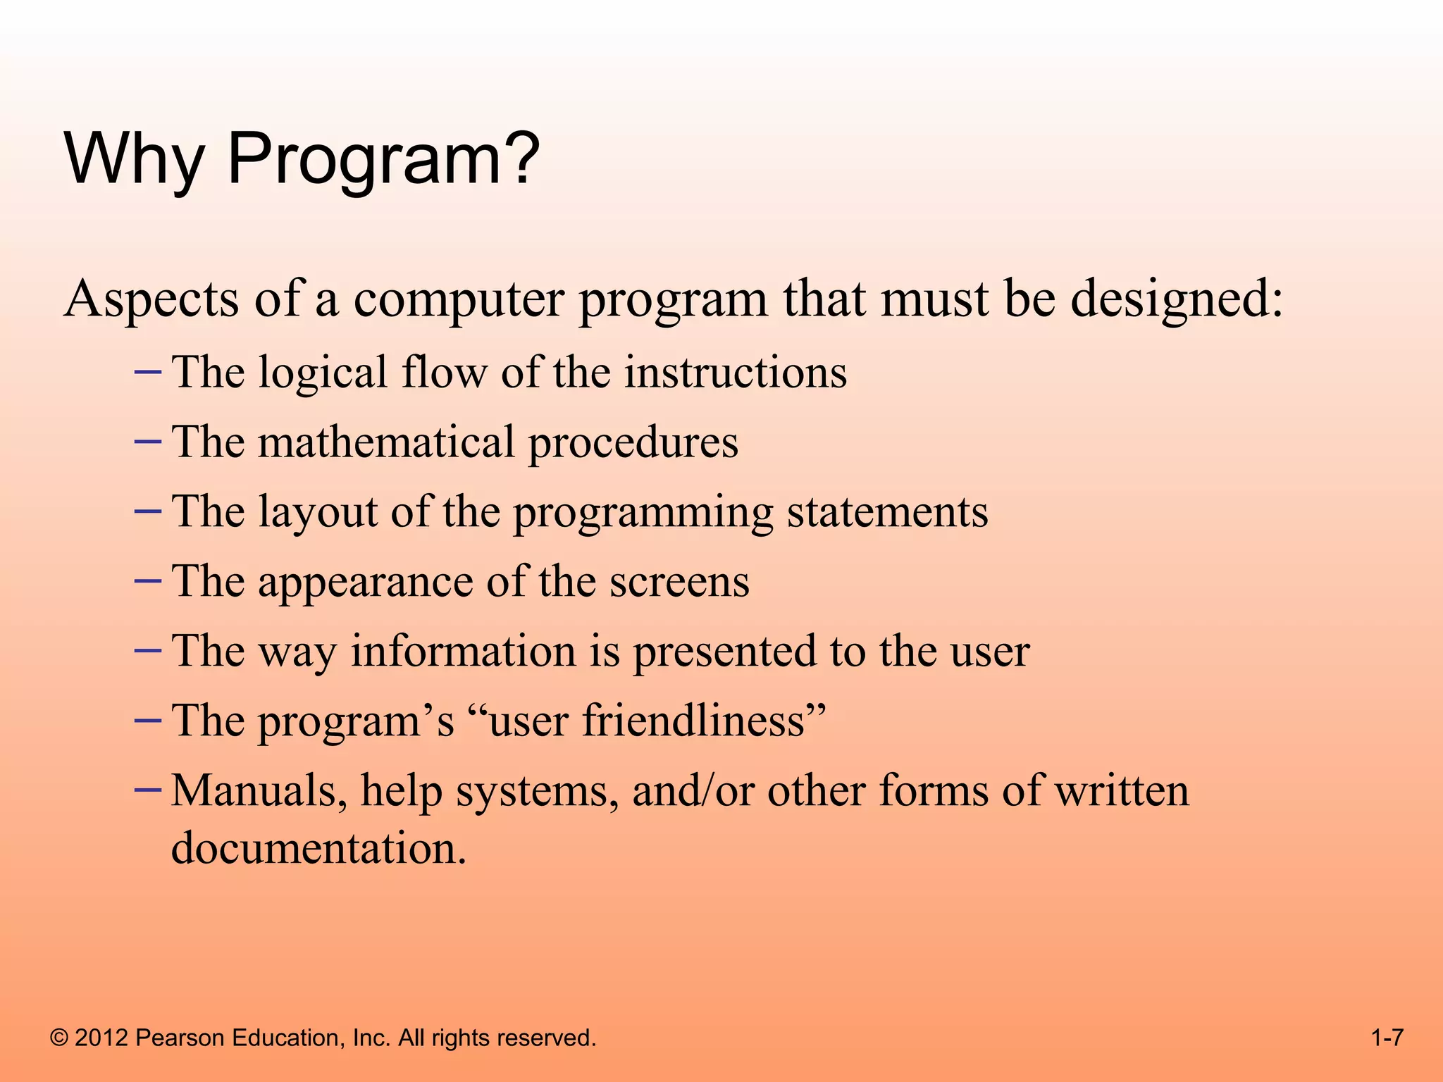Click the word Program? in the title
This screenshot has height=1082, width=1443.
(x=383, y=161)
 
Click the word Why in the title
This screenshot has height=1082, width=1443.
(x=133, y=161)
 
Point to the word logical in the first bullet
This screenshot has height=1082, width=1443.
(x=322, y=373)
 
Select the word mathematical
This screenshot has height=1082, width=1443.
(x=385, y=442)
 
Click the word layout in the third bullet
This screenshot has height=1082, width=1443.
(x=317, y=513)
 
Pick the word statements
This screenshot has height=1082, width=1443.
(x=887, y=512)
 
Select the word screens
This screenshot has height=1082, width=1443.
(x=679, y=582)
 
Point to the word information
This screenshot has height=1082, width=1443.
(x=464, y=651)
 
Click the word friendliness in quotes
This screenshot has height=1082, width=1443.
(x=693, y=721)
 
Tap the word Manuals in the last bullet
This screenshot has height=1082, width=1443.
(x=259, y=791)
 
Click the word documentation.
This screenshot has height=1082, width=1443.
(x=318, y=848)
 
